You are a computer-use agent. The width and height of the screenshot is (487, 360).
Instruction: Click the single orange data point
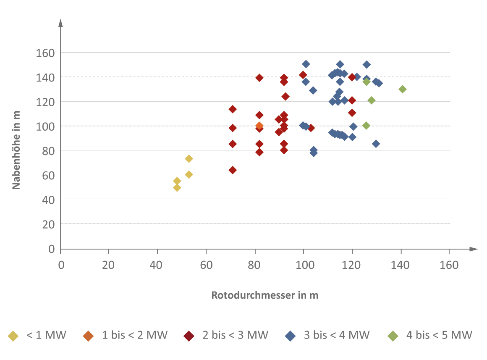pos(259,126)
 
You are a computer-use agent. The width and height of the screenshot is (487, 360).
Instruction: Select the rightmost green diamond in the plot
pos(403,89)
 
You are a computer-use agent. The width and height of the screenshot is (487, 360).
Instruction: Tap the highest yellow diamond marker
pos(189,158)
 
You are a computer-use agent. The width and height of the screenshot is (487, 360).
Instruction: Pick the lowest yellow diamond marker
pos(177,187)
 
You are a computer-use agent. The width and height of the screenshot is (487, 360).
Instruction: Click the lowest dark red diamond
pos(233,170)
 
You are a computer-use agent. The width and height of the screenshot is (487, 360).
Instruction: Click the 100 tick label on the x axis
pos(305,265)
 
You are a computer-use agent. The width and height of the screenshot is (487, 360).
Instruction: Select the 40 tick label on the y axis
pos(48,200)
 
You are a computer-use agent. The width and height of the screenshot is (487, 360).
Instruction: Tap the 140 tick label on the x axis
pos(400,265)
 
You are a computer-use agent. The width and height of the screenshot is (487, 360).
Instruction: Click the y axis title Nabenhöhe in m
pos(16,150)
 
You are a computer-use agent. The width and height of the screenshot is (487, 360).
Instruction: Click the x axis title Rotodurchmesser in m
pos(265,295)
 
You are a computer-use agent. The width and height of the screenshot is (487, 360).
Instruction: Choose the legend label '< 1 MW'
pos(46,335)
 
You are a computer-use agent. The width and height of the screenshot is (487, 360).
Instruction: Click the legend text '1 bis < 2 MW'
pos(135,335)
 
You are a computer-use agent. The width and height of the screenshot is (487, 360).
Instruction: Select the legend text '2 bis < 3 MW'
pos(236,335)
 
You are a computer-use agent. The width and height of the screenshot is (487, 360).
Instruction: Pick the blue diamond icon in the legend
pos(291,336)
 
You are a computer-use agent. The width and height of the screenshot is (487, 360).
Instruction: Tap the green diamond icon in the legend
pos(393,336)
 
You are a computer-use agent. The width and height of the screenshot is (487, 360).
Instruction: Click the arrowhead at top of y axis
pos(60,23)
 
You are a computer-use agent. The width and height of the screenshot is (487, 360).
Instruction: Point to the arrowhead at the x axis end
pos(473,249)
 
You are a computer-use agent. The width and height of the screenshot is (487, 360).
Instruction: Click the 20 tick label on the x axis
pos(108,265)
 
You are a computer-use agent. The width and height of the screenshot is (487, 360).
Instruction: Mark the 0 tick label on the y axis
pos(52,249)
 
